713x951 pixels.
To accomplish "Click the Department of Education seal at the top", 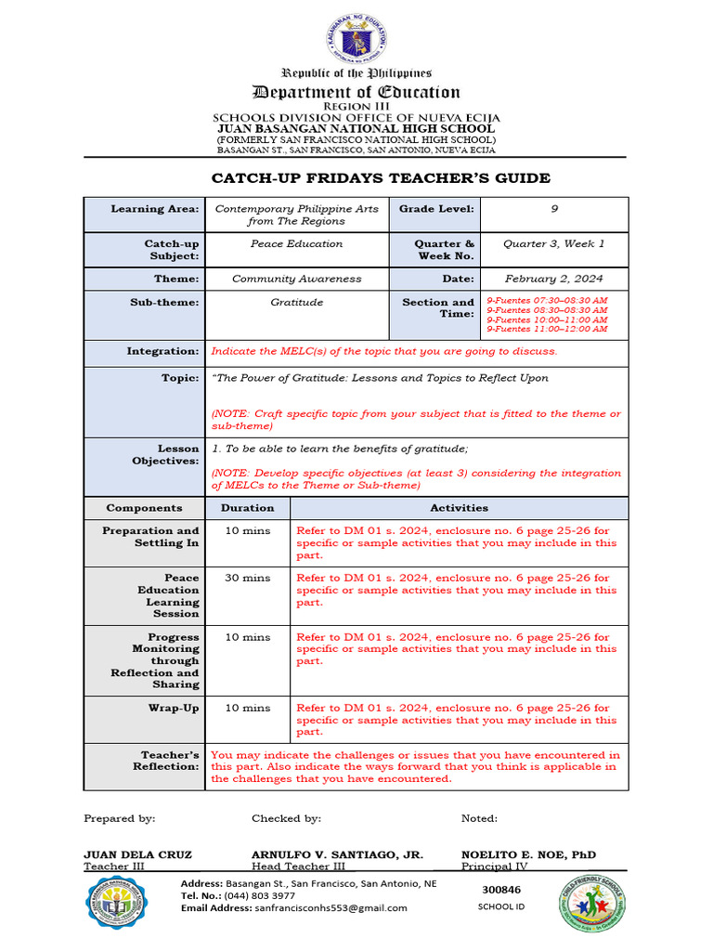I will click(x=356, y=39).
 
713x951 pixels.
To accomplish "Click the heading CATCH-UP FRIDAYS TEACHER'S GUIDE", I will click(x=381, y=178).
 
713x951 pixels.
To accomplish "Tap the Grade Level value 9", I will click(x=554, y=209).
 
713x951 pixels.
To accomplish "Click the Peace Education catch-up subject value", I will click(x=296, y=244).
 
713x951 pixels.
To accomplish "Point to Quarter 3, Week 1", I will click(x=553, y=244).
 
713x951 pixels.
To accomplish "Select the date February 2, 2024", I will click(x=553, y=279).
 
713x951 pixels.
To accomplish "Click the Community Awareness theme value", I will click(x=296, y=279).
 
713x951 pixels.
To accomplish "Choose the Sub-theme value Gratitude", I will click(x=296, y=303).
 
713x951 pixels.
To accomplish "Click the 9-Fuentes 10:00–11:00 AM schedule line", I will click(x=547, y=319).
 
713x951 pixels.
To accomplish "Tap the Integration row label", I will click(x=162, y=352).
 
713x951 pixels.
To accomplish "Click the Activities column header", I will click(x=459, y=508).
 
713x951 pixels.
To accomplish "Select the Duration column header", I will click(x=247, y=508).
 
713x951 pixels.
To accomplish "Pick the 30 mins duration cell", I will click(x=247, y=578).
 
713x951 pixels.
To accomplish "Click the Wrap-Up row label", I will click(x=175, y=708).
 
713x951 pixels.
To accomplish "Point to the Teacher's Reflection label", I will click(x=169, y=761).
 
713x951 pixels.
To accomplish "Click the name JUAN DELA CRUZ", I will click(x=137, y=854).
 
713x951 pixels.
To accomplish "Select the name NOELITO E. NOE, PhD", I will click(x=528, y=854).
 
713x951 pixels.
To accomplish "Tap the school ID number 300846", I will click(x=501, y=890).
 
